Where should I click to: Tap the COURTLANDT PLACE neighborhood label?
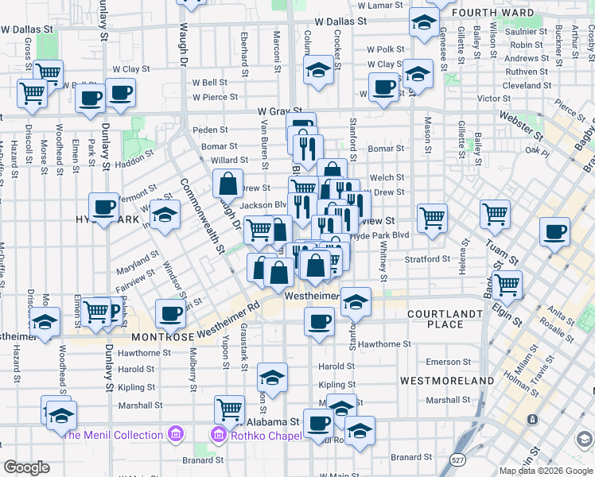click(x=445, y=319)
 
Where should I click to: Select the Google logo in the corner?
click(x=26, y=467)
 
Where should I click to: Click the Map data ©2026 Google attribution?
click(x=546, y=471)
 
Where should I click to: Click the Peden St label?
click(x=210, y=130)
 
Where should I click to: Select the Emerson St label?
click(x=449, y=362)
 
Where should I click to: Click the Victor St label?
click(x=493, y=99)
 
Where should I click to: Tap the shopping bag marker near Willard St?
click(x=228, y=184)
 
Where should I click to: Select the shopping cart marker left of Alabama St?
click(x=230, y=409)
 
